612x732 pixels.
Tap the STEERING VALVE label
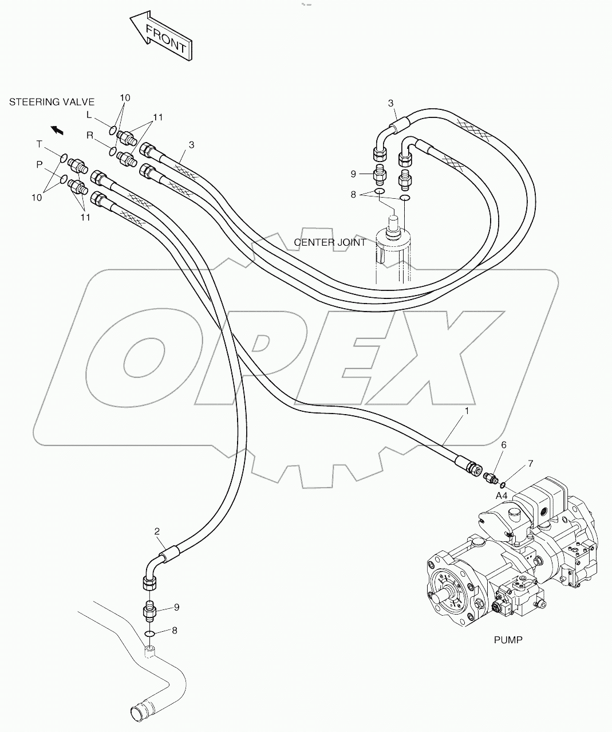[x=52, y=102]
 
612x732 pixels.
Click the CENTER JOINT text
[x=330, y=242]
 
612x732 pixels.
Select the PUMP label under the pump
[x=508, y=640]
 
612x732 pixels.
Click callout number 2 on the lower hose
[x=156, y=532]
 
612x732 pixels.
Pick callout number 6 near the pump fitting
[x=503, y=444]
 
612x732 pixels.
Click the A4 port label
[x=502, y=495]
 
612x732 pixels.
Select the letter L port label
[x=89, y=115]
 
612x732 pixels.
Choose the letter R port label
[x=90, y=135]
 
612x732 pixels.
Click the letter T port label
[x=40, y=143]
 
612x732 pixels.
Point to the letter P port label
[x=40, y=164]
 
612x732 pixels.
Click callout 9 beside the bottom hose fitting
[x=177, y=607]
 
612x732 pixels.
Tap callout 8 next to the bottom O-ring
[x=175, y=631]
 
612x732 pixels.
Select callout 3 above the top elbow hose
[x=391, y=103]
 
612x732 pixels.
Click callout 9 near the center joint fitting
[x=353, y=173]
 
